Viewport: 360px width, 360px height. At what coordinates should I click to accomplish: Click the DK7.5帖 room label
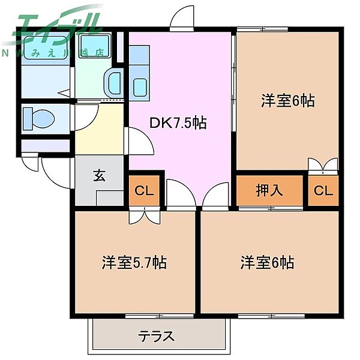(178, 123)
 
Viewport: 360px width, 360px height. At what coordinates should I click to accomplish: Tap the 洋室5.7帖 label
(134, 262)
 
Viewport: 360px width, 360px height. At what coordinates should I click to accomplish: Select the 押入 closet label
(269, 191)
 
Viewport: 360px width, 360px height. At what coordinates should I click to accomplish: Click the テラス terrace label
(157, 335)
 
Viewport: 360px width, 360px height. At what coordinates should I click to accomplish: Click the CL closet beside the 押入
(323, 191)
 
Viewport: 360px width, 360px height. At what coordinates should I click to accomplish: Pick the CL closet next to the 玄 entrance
(143, 191)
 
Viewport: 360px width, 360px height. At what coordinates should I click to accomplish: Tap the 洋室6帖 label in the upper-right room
(287, 101)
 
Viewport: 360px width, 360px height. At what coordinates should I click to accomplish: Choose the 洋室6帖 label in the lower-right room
(267, 262)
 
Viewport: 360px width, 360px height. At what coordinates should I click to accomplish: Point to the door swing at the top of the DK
(182, 19)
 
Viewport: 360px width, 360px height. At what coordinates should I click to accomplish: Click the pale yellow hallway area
(99, 129)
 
